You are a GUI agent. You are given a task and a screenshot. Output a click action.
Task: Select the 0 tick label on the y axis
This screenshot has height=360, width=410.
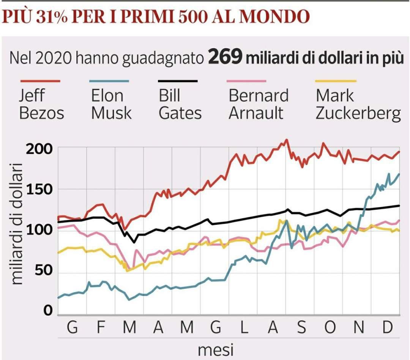coord(47,311)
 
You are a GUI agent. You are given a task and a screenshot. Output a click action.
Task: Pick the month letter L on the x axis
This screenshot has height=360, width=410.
coord(244,328)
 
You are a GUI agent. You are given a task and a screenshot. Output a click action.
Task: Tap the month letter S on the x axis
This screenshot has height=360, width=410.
coord(301,328)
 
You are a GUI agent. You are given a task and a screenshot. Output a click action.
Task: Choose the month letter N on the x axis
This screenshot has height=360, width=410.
coord(358,328)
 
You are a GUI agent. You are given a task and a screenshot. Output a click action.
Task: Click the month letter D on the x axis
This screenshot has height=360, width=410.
coord(386,328)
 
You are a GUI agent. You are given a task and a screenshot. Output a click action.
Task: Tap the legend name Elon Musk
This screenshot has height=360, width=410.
coord(111,104)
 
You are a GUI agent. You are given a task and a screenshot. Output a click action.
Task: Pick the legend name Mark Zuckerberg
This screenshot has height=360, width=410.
coord(358,104)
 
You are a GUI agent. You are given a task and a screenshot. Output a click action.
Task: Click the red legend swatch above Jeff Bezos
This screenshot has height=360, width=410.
coord(40,81)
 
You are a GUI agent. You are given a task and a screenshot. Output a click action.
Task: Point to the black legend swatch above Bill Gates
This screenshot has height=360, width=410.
coord(178,81)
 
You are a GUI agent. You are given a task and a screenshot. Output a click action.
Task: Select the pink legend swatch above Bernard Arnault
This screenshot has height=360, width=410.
coord(247,81)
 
